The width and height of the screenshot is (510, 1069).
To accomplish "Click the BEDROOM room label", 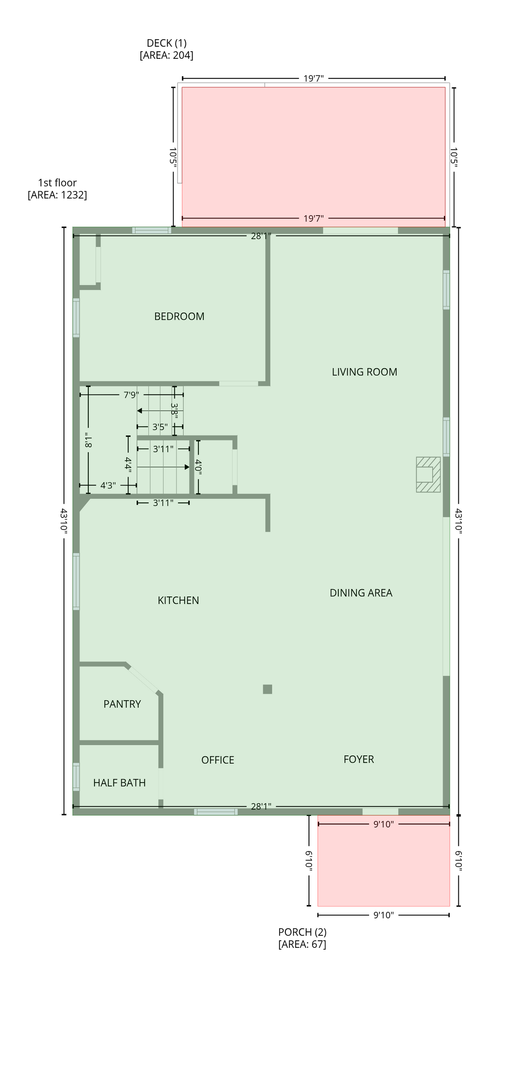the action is point(179,316).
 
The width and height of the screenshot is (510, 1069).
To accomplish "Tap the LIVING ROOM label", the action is point(364,372).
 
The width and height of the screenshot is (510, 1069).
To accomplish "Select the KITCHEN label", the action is point(178,600).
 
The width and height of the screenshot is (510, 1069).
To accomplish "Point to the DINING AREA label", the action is point(361,593).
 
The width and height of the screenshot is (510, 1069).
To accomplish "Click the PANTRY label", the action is point(122,704).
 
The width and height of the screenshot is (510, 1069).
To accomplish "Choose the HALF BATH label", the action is point(119,783).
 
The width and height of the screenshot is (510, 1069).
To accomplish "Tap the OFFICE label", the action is point(218,760).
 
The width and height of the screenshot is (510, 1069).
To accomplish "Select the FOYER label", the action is point(359,759).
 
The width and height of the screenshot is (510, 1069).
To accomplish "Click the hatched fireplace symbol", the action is point(428,474).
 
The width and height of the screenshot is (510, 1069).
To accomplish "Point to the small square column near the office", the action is point(267,689).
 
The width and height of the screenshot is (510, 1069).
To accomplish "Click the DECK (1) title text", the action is point(167,43).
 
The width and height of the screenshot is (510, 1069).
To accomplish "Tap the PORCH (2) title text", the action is point(302,932).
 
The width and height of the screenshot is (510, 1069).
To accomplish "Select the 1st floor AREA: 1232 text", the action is point(58,195).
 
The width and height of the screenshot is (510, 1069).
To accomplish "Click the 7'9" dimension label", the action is point(132,395).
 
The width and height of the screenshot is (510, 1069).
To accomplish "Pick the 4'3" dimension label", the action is point(108,486).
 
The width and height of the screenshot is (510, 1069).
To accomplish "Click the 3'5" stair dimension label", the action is point(160,427).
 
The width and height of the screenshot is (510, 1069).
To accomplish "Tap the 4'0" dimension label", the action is point(198,468).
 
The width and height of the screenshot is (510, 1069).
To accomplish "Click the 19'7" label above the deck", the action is point(313,78).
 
